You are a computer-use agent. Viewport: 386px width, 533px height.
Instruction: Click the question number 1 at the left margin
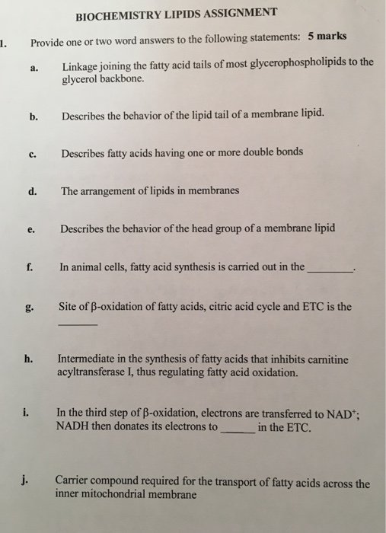3,42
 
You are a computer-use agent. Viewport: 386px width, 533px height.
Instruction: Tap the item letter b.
33,116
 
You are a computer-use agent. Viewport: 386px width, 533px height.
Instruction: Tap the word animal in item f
91,267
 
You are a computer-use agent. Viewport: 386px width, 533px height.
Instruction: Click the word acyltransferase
96,374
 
